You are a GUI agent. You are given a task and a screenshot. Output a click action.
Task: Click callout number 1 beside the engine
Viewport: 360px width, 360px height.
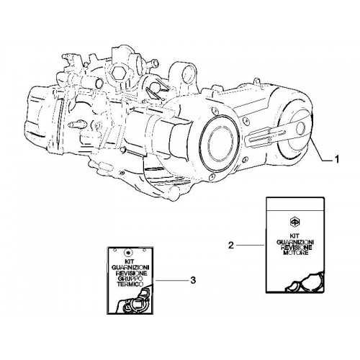pyautogui.click(x=337, y=159)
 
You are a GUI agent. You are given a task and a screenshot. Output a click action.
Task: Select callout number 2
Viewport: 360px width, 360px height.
pyautogui.click(x=230, y=245)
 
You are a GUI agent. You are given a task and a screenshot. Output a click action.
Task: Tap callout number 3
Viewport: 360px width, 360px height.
pyautogui.click(x=193, y=280)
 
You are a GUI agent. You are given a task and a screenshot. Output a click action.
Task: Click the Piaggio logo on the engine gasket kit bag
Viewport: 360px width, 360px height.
pyautogui.click(x=294, y=221)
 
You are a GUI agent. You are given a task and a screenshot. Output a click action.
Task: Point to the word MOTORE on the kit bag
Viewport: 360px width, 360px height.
pyautogui.click(x=296, y=253)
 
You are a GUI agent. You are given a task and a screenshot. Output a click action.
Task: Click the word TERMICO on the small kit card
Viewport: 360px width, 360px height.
pyautogui.click(x=130, y=284)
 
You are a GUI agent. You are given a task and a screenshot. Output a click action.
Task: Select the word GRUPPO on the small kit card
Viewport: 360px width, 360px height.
pyautogui.click(x=130, y=279)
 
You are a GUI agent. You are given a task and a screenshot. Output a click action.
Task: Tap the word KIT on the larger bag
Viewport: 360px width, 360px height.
pyautogui.click(x=295, y=236)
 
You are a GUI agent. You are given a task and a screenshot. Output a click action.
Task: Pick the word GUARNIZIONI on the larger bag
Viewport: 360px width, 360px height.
pyautogui.click(x=295, y=242)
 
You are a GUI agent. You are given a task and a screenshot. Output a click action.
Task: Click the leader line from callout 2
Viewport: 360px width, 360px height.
pyautogui.click(x=251, y=245)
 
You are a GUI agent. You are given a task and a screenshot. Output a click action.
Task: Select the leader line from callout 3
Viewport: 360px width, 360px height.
pyautogui.click(x=171, y=280)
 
